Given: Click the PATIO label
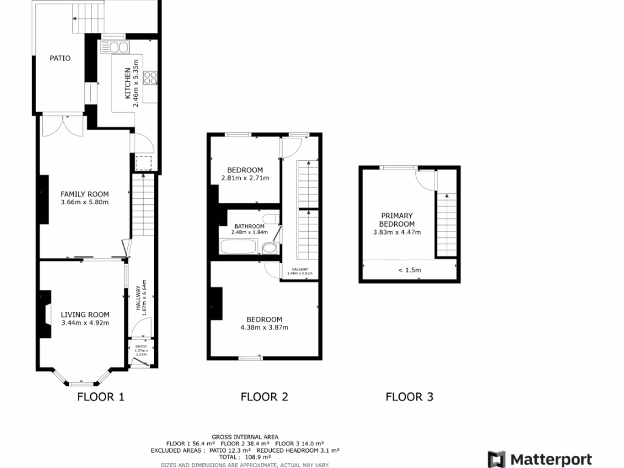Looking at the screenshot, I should pyautogui.click(x=60, y=58).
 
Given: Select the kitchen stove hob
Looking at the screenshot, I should pyautogui.click(x=151, y=78).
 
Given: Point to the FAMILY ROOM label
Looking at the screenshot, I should pyautogui.click(x=84, y=194).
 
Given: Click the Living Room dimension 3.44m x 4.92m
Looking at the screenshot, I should pyautogui.click(x=85, y=323).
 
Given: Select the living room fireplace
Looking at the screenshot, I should pyautogui.click(x=46, y=314).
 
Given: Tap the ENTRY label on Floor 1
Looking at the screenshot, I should pyautogui.click(x=141, y=347).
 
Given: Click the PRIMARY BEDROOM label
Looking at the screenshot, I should pyautogui.click(x=397, y=219).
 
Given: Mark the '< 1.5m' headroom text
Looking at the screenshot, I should pyautogui.click(x=409, y=270).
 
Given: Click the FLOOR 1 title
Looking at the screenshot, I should pyautogui.click(x=101, y=397).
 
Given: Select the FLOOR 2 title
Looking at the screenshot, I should pyautogui.click(x=264, y=397).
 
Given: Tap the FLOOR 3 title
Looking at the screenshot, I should pyautogui.click(x=409, y=397).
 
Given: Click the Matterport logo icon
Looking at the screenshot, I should pyautogui.click(x=497, y=459).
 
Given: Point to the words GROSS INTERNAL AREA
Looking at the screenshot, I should pyautogui.click(x=245, y=437).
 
